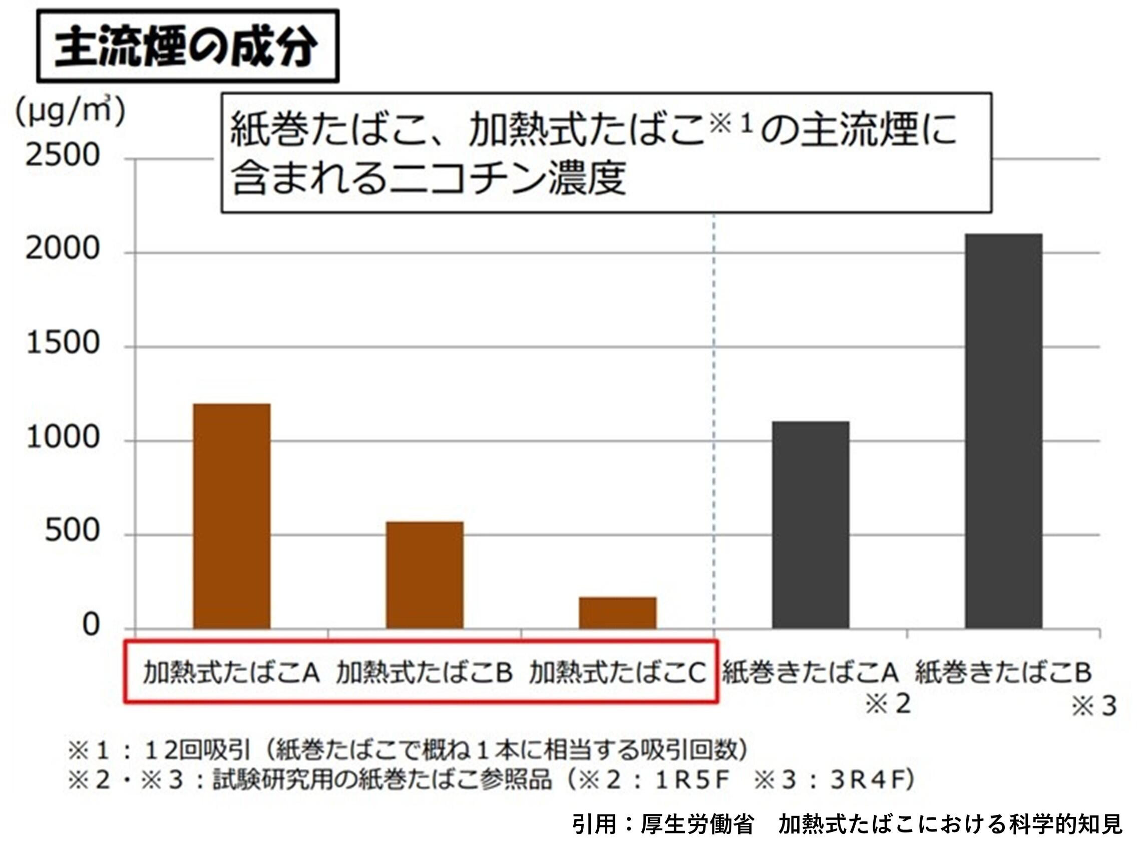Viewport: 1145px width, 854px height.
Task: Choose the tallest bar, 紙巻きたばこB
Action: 1003,431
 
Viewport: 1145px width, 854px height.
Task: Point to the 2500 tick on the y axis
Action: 63,155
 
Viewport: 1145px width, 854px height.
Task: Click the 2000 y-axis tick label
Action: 63,248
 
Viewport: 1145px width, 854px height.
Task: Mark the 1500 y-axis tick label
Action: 63,343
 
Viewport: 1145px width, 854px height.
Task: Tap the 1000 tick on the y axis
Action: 63,437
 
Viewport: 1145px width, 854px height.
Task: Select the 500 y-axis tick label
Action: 72,531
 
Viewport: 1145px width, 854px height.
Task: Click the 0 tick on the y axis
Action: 91,625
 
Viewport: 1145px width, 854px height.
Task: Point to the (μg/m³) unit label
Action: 70,111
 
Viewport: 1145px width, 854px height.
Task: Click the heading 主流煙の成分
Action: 187,47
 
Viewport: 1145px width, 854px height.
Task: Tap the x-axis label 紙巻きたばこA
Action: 810,673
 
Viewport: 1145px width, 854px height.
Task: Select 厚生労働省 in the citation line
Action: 697,824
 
